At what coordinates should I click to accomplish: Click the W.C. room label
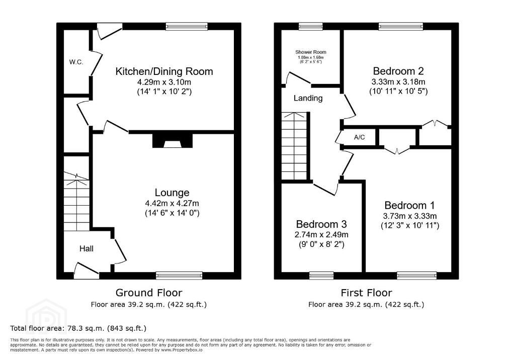click(x=76, y=62)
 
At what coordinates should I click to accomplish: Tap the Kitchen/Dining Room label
click(x=164, y=71)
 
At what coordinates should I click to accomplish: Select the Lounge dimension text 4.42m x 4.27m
click(x=172, y=203)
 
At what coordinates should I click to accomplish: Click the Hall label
click(x=87, y=249)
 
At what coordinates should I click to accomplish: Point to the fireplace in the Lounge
click(x=173, y=140)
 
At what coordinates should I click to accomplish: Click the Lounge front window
click(x=180, y=276)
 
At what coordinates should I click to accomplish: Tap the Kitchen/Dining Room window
click(x=187, y=26)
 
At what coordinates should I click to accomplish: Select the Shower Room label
click(x=311, y=52)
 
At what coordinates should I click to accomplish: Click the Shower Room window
click(x=311, y=26)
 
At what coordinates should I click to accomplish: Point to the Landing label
click(x=308, y=98)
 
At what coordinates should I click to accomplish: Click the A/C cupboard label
click(x=359, y=137)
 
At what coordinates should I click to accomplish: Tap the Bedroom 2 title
click(x=398, y=71)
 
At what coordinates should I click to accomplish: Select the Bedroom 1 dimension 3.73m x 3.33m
click(x=410, y=216)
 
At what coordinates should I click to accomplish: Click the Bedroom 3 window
click(x=321, y=276)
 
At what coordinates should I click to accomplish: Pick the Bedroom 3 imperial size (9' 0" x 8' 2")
click(x=321, y=244)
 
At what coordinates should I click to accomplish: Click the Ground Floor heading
click(x=149, y=292)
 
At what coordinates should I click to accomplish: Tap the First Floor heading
click(x=366, y=292)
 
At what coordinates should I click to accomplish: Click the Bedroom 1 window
click(x=417, y=276)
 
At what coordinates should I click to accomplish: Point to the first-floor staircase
click(x=294, y=146)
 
